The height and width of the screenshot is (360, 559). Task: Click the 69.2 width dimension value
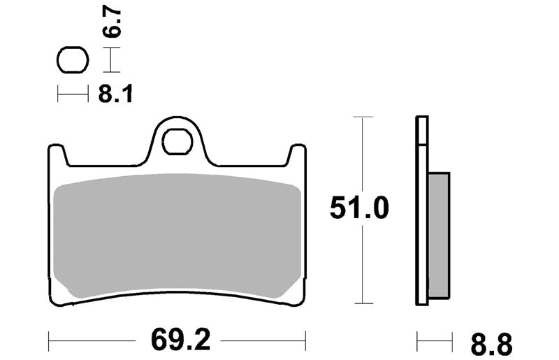coord(181,340)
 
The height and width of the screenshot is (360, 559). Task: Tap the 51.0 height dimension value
coord(359,208)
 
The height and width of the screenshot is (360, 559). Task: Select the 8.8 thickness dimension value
coord(491,345)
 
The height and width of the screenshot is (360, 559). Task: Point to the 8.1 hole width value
coord(115,94)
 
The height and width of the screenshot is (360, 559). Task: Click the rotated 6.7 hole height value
coord(112,23)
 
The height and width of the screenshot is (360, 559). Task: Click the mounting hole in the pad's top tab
coord(177,142)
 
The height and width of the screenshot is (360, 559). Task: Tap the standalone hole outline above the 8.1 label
coord(73,60)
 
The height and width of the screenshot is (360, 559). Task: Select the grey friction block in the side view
coord(439,236)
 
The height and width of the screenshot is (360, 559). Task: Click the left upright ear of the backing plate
coord(58,154)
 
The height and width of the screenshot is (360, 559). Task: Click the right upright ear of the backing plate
coord(297,154)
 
